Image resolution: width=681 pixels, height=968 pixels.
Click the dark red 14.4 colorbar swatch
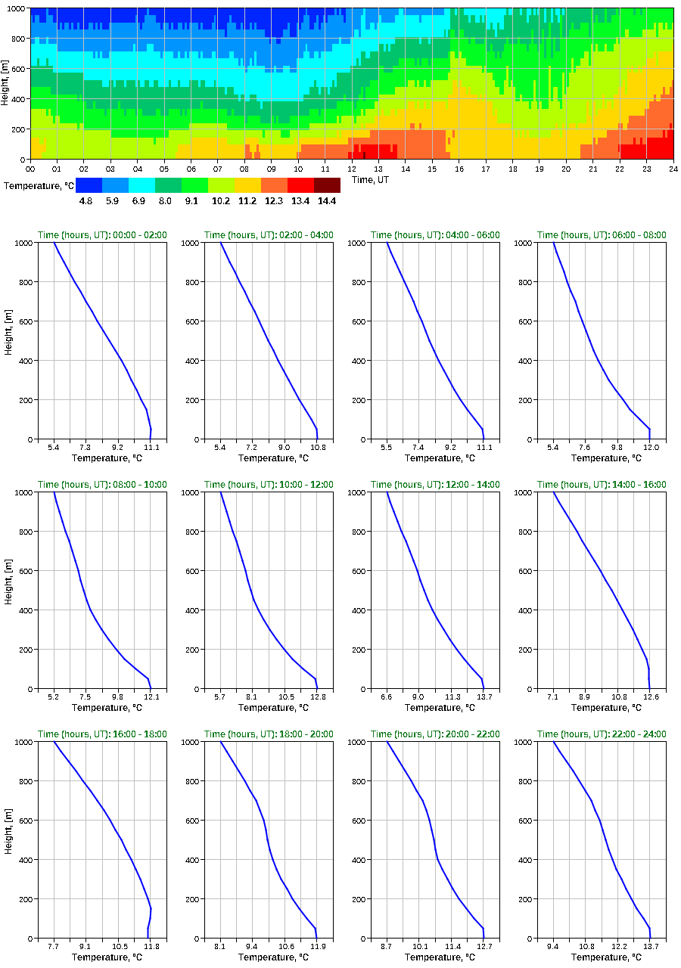click(x=327, y=185)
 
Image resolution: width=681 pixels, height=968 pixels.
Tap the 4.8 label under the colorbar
click(x=86, y=201)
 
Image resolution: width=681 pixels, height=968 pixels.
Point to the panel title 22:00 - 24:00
click(x=602, y=734)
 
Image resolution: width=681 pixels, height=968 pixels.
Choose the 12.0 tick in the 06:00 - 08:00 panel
click(x=651, y=448)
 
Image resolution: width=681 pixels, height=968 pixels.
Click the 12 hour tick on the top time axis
click(x=352, y=169)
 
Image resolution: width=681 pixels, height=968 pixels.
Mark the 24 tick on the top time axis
click(x=673, y=169)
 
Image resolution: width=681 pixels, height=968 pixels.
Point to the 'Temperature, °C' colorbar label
click(x=39, y=185)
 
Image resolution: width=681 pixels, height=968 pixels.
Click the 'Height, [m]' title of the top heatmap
click(x=6, y=83)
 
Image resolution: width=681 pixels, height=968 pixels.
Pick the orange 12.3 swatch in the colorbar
click(x=274, y=185)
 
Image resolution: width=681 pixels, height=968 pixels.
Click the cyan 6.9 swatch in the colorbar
click(x=141, y=185)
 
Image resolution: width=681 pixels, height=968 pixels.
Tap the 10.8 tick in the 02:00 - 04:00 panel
click(x=318, y=448)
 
